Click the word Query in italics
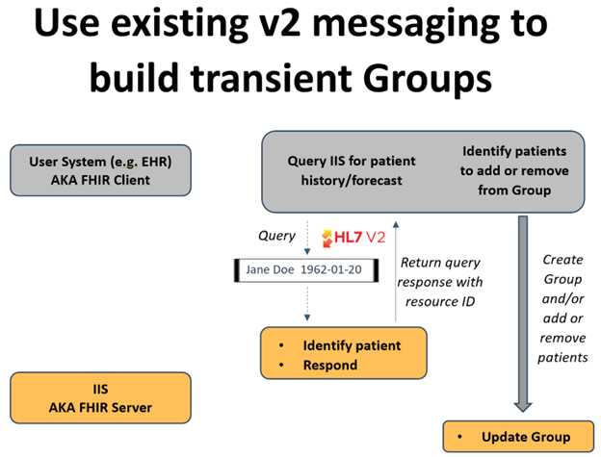276,235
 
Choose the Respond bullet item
330,365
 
